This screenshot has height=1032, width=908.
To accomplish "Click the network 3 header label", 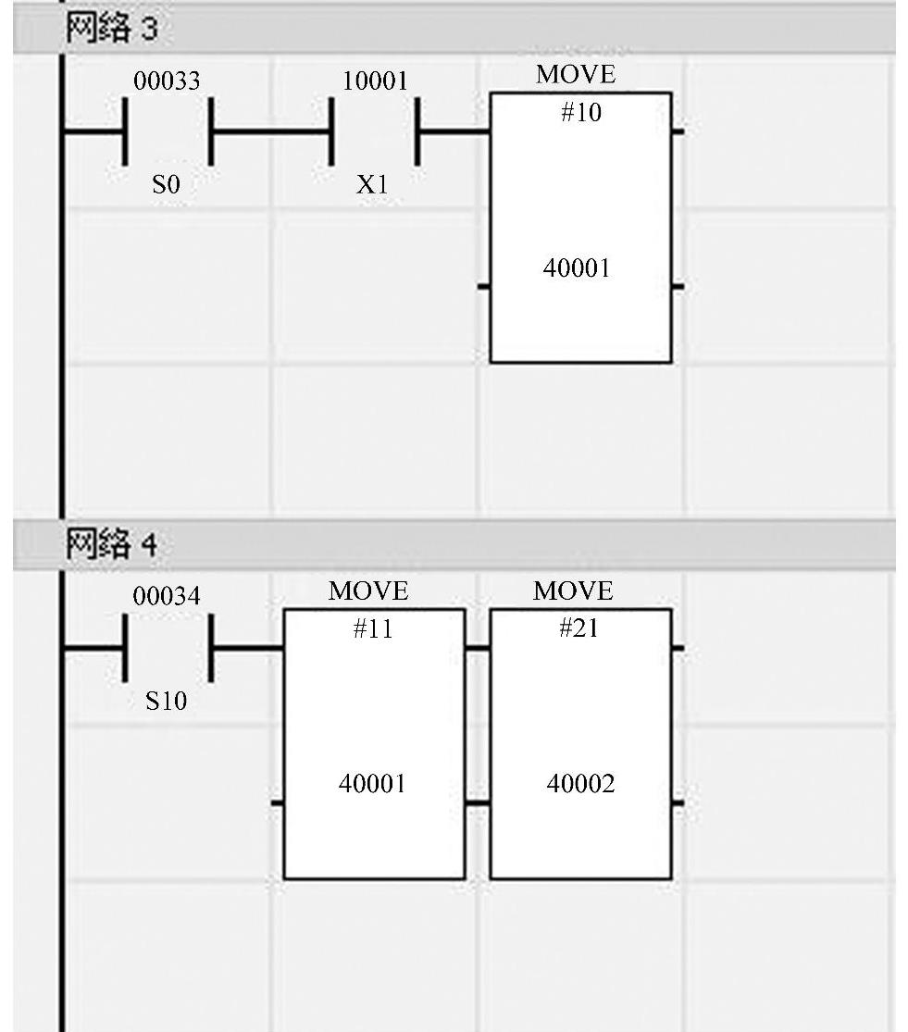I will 110,30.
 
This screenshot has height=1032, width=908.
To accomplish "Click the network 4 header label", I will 110,544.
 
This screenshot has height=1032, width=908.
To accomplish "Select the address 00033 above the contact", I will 167,81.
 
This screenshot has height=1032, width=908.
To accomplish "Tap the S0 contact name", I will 167,185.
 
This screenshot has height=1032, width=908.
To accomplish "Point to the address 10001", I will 375,81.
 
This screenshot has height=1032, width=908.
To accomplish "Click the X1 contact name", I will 372,185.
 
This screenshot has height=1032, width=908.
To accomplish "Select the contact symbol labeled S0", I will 168,132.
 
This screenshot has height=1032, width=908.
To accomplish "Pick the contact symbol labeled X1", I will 374,132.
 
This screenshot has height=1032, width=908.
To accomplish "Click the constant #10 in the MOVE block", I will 580,113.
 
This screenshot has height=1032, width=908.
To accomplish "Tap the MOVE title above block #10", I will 576,75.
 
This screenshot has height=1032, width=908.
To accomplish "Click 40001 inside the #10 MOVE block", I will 577,268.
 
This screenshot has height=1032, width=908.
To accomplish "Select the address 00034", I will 167,597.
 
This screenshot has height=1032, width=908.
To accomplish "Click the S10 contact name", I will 167,702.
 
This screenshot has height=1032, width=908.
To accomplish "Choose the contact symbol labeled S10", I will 168,648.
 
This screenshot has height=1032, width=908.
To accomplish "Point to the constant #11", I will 373,629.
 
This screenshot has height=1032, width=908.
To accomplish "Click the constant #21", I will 578,628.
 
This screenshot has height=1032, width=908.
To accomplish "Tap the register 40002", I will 580,784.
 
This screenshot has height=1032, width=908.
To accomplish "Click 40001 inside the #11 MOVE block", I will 372,784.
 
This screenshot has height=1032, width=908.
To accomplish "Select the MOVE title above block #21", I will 574,591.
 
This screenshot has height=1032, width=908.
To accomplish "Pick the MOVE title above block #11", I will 368,591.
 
